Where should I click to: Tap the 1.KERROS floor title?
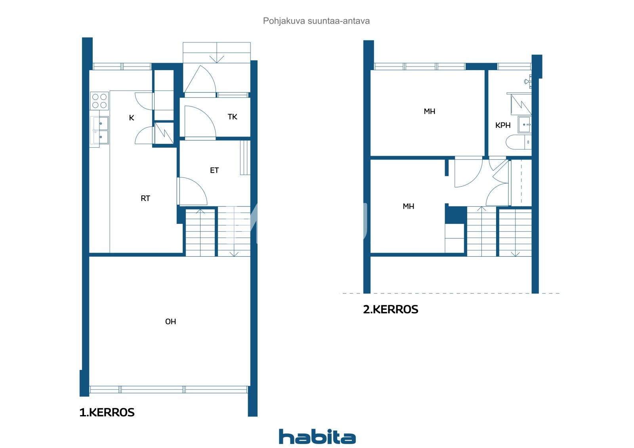pos(107,412)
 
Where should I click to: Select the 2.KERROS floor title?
pos(391,309)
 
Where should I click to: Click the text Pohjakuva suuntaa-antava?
pos(316,21)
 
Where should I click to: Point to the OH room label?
pos(170,322)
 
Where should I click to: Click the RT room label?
pos(145,198)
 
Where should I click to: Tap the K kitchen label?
pos(131,118)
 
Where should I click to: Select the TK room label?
pos(232,116)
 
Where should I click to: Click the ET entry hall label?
pos(214,170)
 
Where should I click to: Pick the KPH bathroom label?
pos(503,125)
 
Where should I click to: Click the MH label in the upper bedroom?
pos(430,111)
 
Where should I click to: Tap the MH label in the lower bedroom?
pos(409,206)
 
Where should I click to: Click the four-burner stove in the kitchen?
pos(99,101)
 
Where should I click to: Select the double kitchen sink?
pos(99,130)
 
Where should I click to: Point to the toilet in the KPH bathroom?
pos(518,142)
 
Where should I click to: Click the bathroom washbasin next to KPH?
pos(525,124)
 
